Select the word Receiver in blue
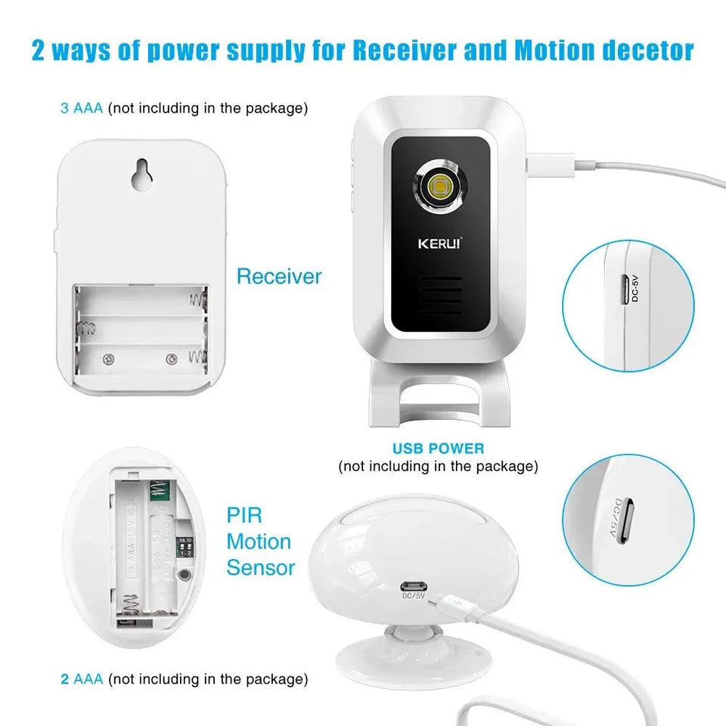click(x=279, y=276)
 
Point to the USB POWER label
click(x=439, y=448)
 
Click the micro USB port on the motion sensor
click(x=413, y=586)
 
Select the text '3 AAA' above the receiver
click(x=82, y=108)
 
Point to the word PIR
click(x=245, y=516)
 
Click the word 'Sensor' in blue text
click(x=261, y=567)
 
